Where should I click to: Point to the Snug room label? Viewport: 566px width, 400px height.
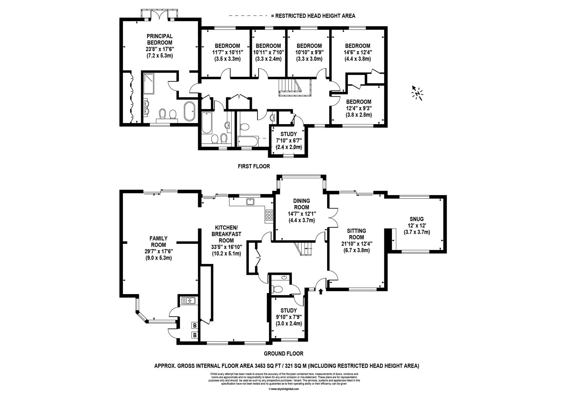(x=417, y=219)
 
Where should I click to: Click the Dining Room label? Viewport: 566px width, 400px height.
(x=302, y=204)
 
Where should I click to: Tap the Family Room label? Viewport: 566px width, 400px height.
(x=158, y=241)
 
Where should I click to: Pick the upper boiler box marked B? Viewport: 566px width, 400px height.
(x=194, y=326)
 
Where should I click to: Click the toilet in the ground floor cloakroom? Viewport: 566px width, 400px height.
(x=277, y=288)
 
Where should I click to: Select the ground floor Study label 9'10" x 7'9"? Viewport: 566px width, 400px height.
(x=288, y=317)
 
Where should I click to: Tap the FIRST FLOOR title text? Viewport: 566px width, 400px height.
(x=254, y=167)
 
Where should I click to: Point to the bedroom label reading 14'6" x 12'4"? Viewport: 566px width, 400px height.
(x=357, y=52)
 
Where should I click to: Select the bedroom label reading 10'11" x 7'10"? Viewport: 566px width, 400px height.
(x=267, y=52)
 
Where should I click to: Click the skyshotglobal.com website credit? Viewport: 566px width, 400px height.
(x=283, y=389)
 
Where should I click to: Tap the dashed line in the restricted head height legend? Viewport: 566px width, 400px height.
(x=248, y=16)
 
